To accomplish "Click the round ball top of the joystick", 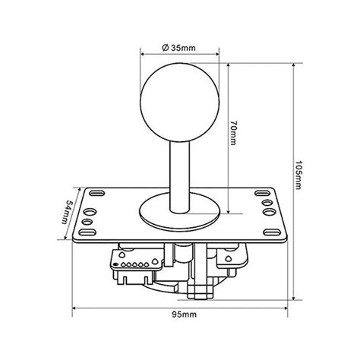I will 179,98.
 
